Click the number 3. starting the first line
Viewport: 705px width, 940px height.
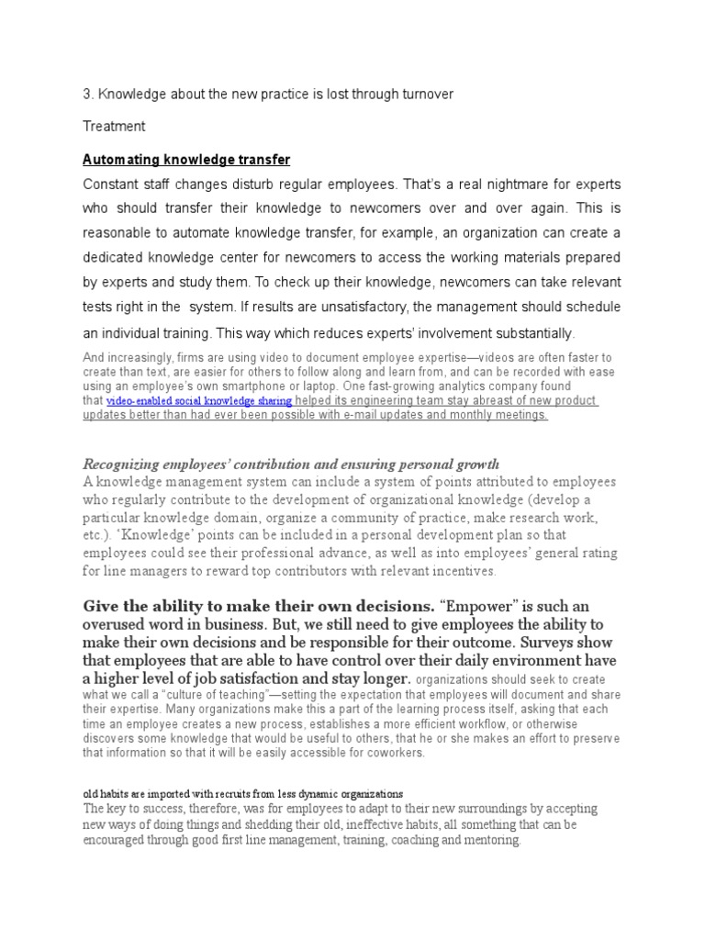click(x=88, y=95)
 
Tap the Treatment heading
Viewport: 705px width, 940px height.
click(x=114, y=126)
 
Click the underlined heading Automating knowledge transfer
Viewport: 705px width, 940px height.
click(x=186, y=159)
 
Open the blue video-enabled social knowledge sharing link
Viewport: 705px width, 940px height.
click(x=199, y=401)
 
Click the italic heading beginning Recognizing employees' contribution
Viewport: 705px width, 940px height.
click(x=291, y=464)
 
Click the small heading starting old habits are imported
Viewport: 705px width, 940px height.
click(x=242, y=792)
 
